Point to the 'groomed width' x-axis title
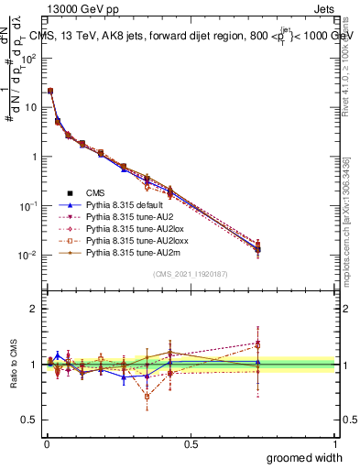tap(305, 457)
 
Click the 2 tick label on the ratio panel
tap(34, 309)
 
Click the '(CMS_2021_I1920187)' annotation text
tap(190, 274)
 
